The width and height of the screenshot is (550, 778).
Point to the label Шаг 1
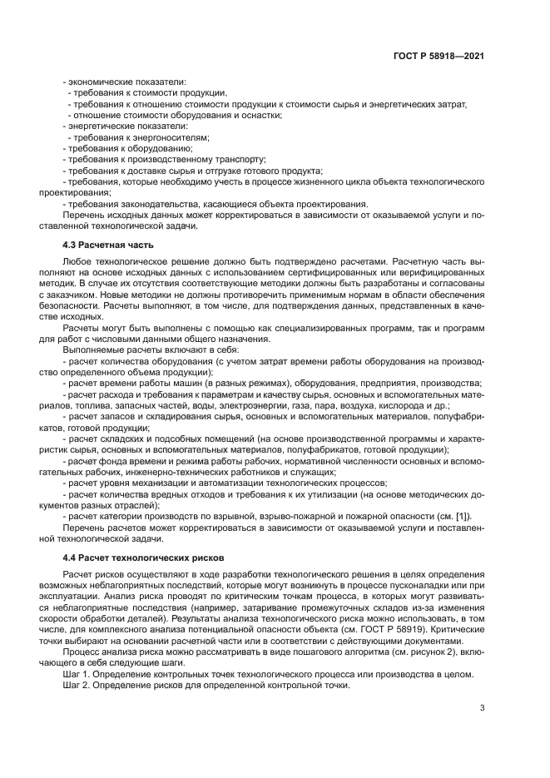(x=77, y=674)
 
